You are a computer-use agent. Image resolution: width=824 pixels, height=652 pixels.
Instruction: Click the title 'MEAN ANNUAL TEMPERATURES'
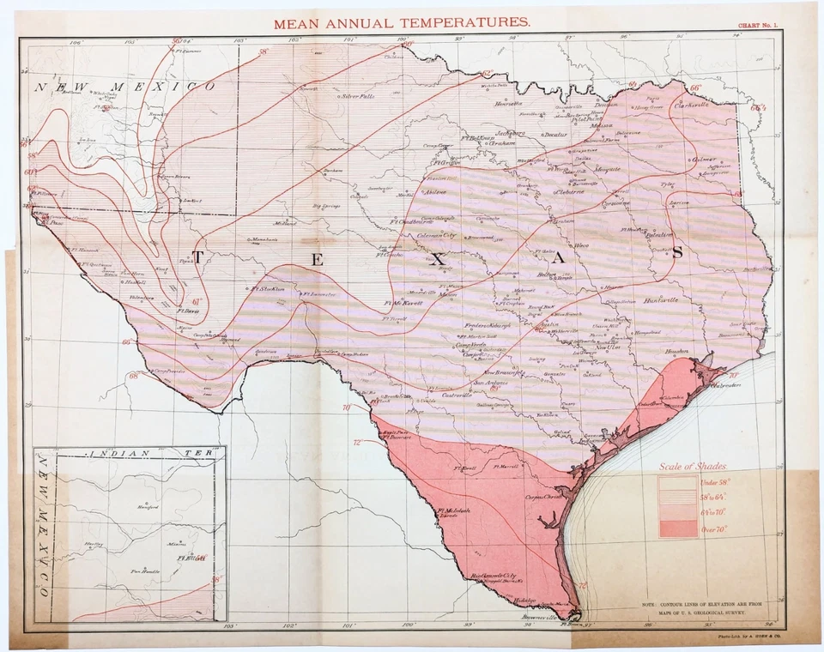[402, 23]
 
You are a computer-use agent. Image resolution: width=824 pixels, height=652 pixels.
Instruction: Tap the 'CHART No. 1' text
[752, 26]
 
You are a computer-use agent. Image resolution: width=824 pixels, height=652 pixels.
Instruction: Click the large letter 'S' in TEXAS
[676, 252]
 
